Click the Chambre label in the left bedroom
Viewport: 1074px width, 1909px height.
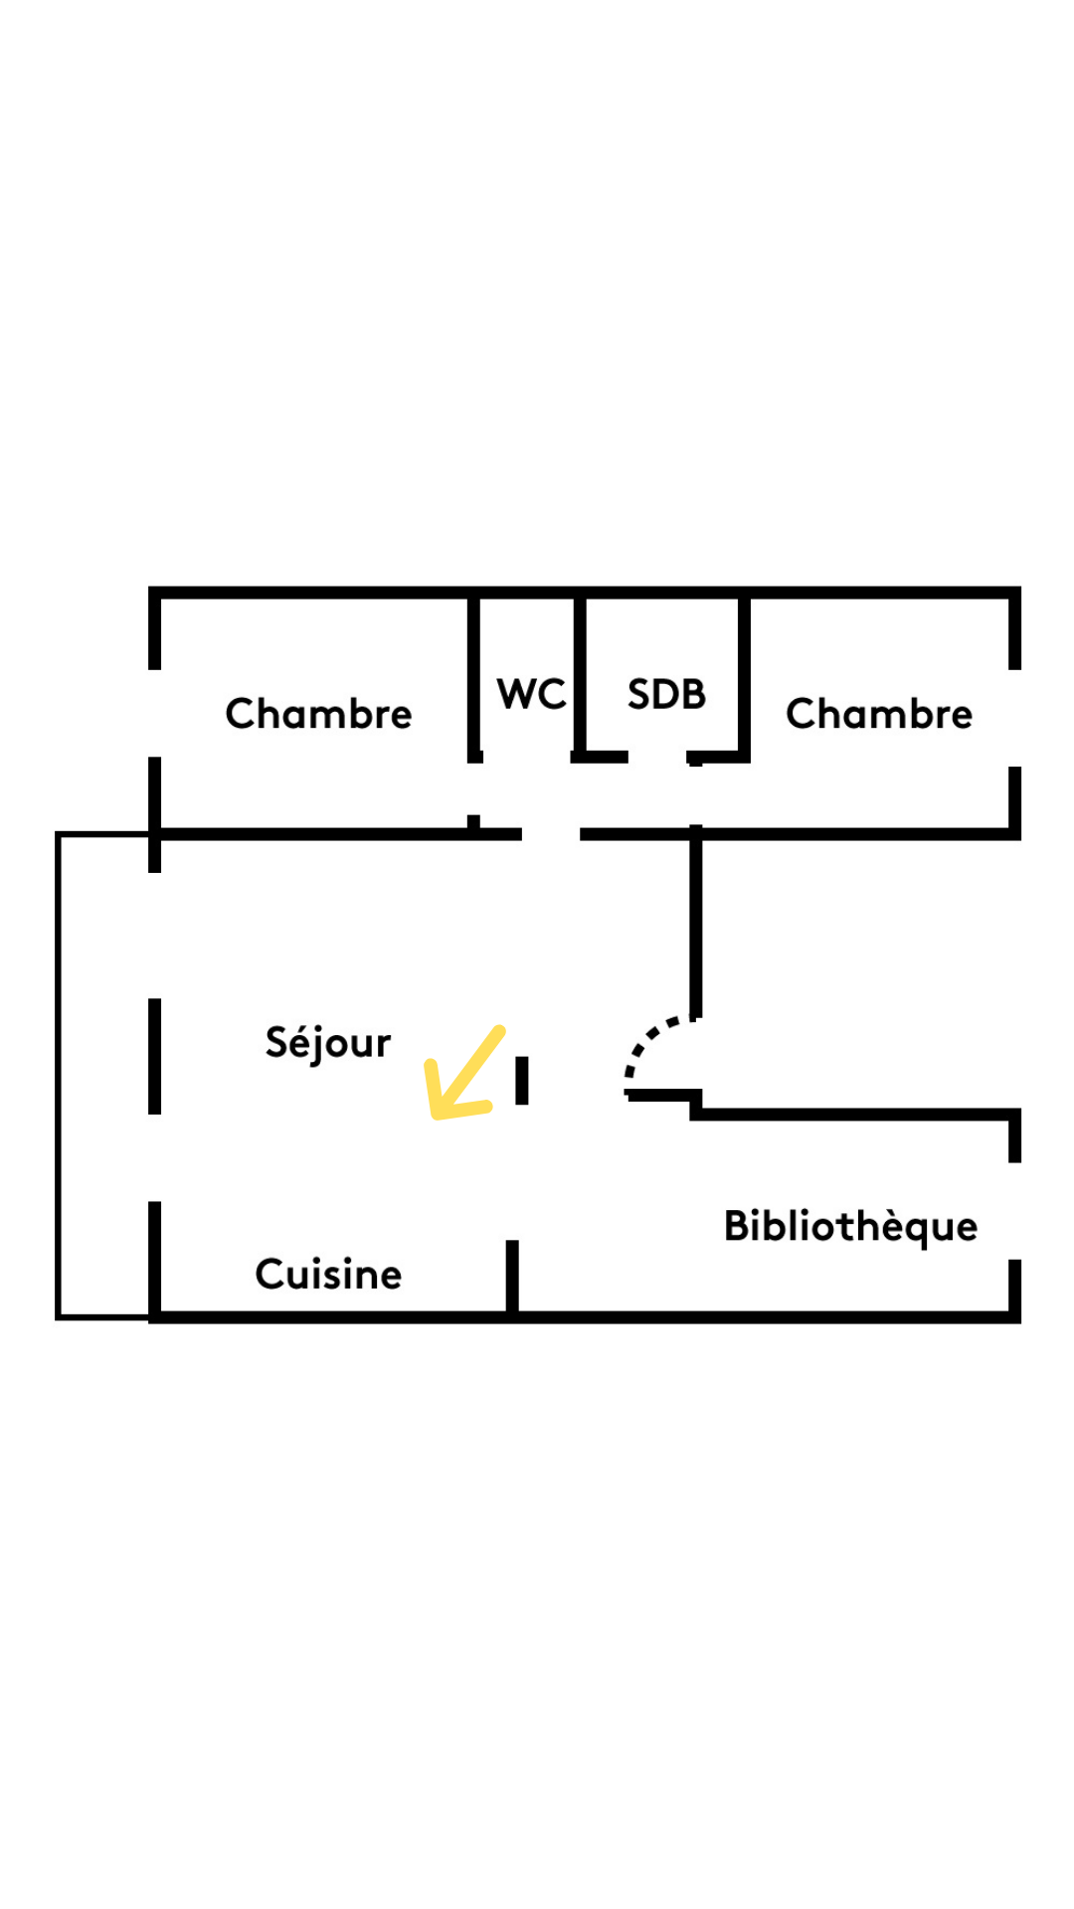pyautogui.click(x=318, y=714)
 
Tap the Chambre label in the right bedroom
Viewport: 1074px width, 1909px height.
pyautogui.click(x=879, y=714)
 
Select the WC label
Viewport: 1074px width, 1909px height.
pyautogui.click(x=531, y=694)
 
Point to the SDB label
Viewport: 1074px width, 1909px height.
pyautogui.click(x=666, y=694)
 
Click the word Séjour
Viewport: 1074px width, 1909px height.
pyautogui.click(x=328, y=1043)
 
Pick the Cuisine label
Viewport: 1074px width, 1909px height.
pyautogui.click(x=328, y=1275)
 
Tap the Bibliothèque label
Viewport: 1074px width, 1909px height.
pyautogui.click(x=850, y=1227)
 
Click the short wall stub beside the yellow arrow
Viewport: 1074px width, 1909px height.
pyautogui.click(x=522, y=1080)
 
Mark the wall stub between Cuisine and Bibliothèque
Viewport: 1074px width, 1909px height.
pyautogui.click(x=512, y=1277)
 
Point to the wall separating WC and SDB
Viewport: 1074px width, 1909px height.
pyautogui.click(x=579, y=676)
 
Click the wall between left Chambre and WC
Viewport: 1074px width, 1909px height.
pyautogui.click(x=474, y=676)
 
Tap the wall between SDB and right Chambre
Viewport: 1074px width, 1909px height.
pyautogui.click(x=744, y=676)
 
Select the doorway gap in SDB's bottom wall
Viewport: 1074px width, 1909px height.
pyautogui.click(x=657, y=759)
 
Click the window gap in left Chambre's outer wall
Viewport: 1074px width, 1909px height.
pyautogui.click(x=154, y=713)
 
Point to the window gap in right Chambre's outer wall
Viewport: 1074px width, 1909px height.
pyautogui.click(x=1014, y=718)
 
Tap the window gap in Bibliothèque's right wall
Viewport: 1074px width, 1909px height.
pyautogui.click(x=1014, y=1211)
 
